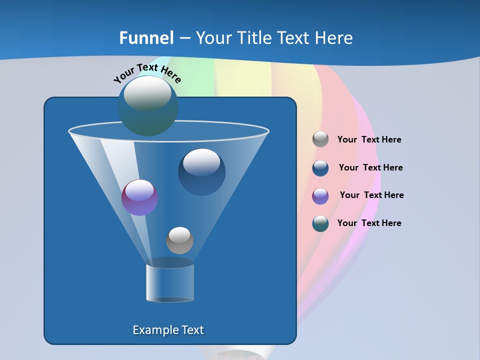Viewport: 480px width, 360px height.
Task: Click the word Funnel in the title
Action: point(146,38)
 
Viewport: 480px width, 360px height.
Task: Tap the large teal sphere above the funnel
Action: point(147,105)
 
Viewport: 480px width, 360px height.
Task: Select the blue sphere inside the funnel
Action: point(201,172)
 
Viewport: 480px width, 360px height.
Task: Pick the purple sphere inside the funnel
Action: point(139,198)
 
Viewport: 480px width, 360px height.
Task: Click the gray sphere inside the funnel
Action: point(179,240)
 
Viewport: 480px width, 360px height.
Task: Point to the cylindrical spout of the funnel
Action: point(169,282)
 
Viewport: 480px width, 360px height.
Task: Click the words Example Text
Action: point(168,330)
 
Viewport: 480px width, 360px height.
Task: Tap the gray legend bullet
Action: point(320,139)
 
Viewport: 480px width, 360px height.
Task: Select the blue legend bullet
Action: point(320,168)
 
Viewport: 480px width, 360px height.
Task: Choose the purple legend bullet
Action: point(320,196)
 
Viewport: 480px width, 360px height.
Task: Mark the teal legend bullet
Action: point(320,223)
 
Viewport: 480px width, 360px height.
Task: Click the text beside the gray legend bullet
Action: point(369,140)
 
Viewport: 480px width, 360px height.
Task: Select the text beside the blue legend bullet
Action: point(370,168)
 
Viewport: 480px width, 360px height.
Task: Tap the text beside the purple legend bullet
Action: point(371,195)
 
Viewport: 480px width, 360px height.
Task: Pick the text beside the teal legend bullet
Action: point(369,223)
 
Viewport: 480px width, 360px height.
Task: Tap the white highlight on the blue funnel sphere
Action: point(201,162)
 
